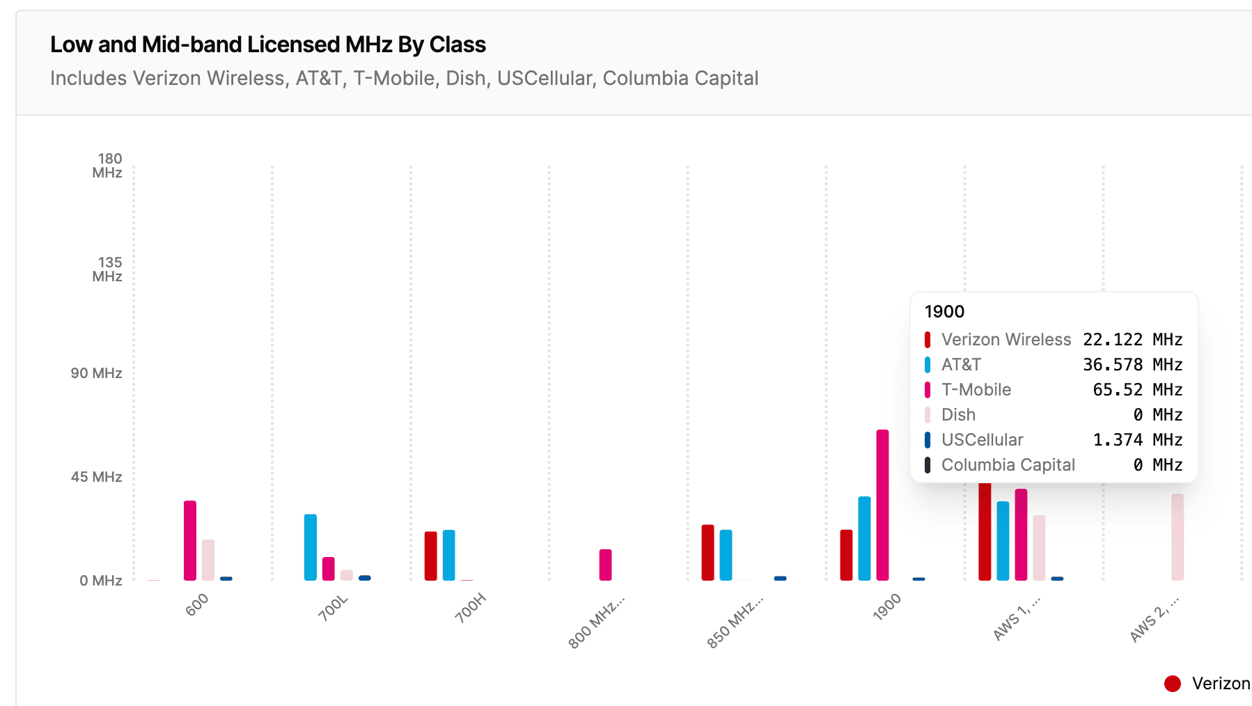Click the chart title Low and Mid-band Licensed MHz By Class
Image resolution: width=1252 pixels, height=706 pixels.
[267, 45]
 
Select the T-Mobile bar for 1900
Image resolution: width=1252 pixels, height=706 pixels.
[882, 505]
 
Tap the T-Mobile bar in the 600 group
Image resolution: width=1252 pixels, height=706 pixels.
[190, 540]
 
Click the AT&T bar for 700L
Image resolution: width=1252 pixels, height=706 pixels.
[311, 547]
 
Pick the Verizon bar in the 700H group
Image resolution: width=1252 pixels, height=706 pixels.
[431, 556]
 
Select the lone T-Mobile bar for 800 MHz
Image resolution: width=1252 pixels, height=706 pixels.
[605, 565]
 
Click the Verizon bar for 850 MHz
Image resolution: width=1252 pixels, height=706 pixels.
[707, 552]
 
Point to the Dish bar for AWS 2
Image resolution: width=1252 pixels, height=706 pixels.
[1177, 537]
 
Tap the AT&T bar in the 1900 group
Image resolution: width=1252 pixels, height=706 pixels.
[864, 538]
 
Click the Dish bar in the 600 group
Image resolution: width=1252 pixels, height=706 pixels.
[208, 560]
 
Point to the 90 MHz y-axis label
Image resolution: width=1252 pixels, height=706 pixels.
[96, 373]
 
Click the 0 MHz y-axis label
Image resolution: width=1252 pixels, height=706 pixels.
[100, 581]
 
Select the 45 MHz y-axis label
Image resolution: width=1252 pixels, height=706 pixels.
[96, 477]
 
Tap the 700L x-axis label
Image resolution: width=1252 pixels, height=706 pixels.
[333, 607]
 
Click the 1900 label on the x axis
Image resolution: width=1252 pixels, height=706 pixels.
[886, 606]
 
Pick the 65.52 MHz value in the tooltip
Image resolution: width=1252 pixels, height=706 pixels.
[1137, 390]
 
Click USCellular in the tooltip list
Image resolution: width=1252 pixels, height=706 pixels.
[982, 440]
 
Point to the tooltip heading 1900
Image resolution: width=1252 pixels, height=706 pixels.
[944, 312]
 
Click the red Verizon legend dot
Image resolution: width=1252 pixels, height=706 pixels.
[1173, 684]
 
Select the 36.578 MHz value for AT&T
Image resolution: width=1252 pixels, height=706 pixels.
[1132, 365]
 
